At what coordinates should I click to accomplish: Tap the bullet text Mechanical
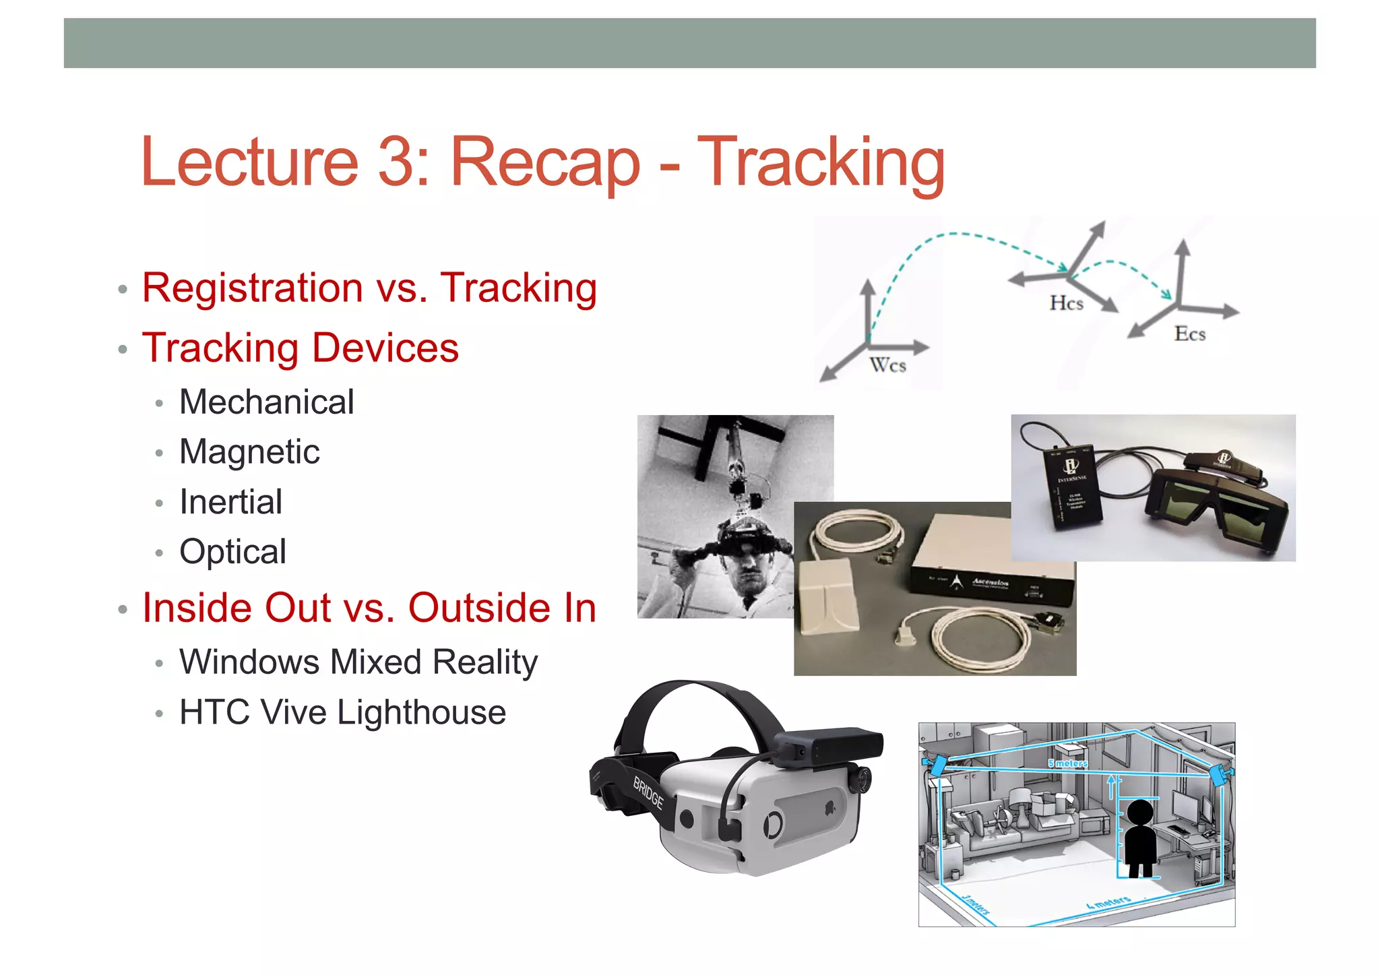[266, 402]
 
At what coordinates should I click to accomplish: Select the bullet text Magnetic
[249, 452]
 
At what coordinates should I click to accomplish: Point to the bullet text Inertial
[230, 502]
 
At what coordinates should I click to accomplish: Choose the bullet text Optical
[232, 552]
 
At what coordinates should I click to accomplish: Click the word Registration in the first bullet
[253, 288]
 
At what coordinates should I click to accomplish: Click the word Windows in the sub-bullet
[249, 662]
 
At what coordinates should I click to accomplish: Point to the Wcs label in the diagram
[887, 365]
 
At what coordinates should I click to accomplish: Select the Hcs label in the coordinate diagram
[1066, 303]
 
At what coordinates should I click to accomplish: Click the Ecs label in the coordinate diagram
[1189, 334]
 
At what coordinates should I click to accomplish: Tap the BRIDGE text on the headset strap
[648, 792]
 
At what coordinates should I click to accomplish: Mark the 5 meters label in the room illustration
[1067, 763]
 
